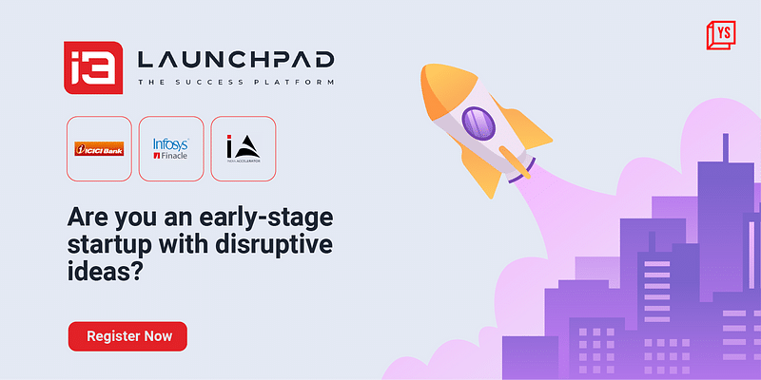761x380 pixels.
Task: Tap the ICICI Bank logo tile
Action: pos(98,148)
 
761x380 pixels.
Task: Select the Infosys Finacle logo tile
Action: pos(171,148)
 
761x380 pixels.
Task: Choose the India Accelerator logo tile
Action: pos(243,148)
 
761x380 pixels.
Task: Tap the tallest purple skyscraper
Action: pos(724,256)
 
